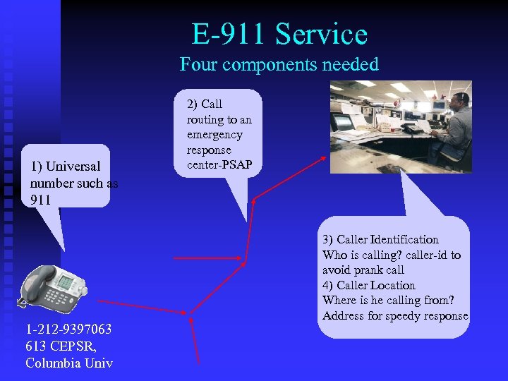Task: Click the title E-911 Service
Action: tap(279, 34)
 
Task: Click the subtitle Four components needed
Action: tap(279, 65)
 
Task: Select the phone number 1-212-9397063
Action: tap(68, 329)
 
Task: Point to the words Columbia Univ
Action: tap(69, 363)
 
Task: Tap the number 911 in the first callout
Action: tap(41, 200)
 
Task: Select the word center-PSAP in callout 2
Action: tap(219, 166)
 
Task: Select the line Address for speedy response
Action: tap(395, 315)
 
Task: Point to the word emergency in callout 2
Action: tap(214, 135)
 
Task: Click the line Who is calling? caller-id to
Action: tap(392, 255)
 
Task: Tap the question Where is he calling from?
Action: tap(388, 301)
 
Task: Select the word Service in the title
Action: tap(322, 34)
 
